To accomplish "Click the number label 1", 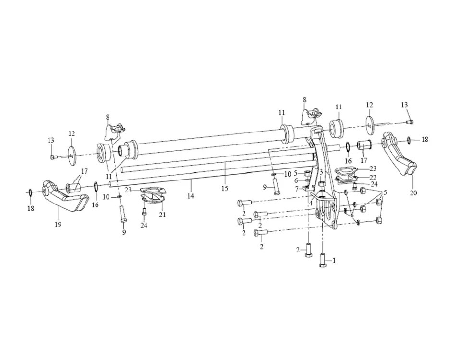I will [x=334, y=261].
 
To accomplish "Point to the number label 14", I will [x=191, y=196].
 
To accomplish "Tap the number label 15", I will [x=225, y=189].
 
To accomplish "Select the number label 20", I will [x=414, y=193].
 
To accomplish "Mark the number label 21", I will [x=162, y=215].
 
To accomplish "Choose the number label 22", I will [x=373, y=178].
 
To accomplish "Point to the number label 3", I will [x=320, y=171].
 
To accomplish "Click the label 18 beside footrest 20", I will [x=424, y=140].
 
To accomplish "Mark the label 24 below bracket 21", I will [x=144, y=225].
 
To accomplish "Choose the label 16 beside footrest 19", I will [x=96, y=204].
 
